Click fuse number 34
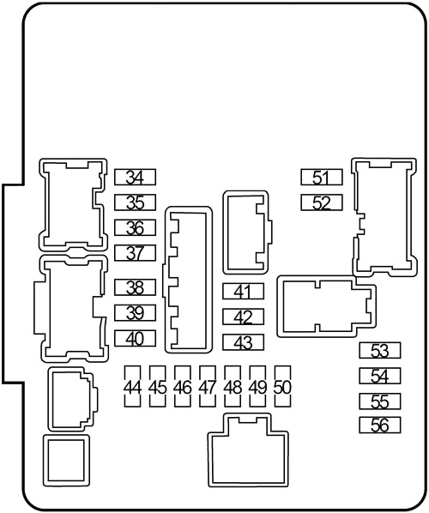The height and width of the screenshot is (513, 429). (135, 177)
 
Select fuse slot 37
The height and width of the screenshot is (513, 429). (135, 252)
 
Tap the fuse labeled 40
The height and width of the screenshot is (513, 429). (135, 338)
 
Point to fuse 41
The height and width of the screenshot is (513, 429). (243, 291)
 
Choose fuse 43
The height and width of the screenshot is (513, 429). (243, 342)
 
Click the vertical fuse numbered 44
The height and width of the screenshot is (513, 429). (132, 386)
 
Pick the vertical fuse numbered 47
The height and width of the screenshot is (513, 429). (208, 386)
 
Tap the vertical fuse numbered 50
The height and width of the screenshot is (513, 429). (283, 386)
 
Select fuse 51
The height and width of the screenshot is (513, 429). (322, 177)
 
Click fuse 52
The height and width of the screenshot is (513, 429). (322, 202)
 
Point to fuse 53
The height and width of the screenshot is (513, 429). (380, 350)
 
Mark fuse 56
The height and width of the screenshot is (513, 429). (380, 425)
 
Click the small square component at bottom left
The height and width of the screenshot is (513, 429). (66, 461)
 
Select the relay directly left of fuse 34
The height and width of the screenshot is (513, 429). (73, 204)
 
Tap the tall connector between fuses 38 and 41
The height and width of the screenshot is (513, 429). (188, 280)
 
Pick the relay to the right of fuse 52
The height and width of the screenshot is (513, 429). (384, 217)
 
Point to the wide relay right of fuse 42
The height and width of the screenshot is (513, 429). (326, 306)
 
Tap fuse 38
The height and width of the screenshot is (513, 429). (135, 287)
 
